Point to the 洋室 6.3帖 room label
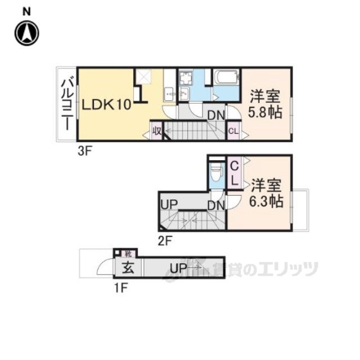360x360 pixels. point(266,192)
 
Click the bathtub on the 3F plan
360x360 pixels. point(227,77)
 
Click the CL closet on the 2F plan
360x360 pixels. point(235,174)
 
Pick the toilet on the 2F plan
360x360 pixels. point(214,172)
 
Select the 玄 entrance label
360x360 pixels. point(128,268)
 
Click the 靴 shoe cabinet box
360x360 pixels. point(128,254)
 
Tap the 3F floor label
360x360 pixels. point(85,151)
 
